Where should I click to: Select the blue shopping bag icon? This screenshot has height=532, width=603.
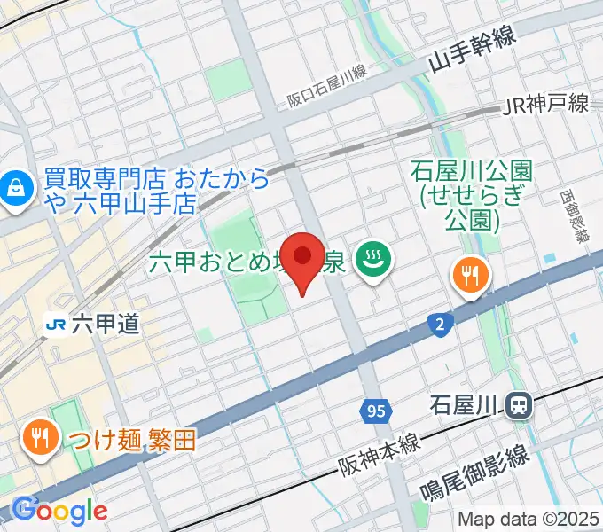pos(15,186)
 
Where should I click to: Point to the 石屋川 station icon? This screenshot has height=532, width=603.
pos(518,407)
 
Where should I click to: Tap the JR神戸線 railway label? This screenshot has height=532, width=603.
pos(545,105)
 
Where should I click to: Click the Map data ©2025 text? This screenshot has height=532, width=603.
pos(528,520)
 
